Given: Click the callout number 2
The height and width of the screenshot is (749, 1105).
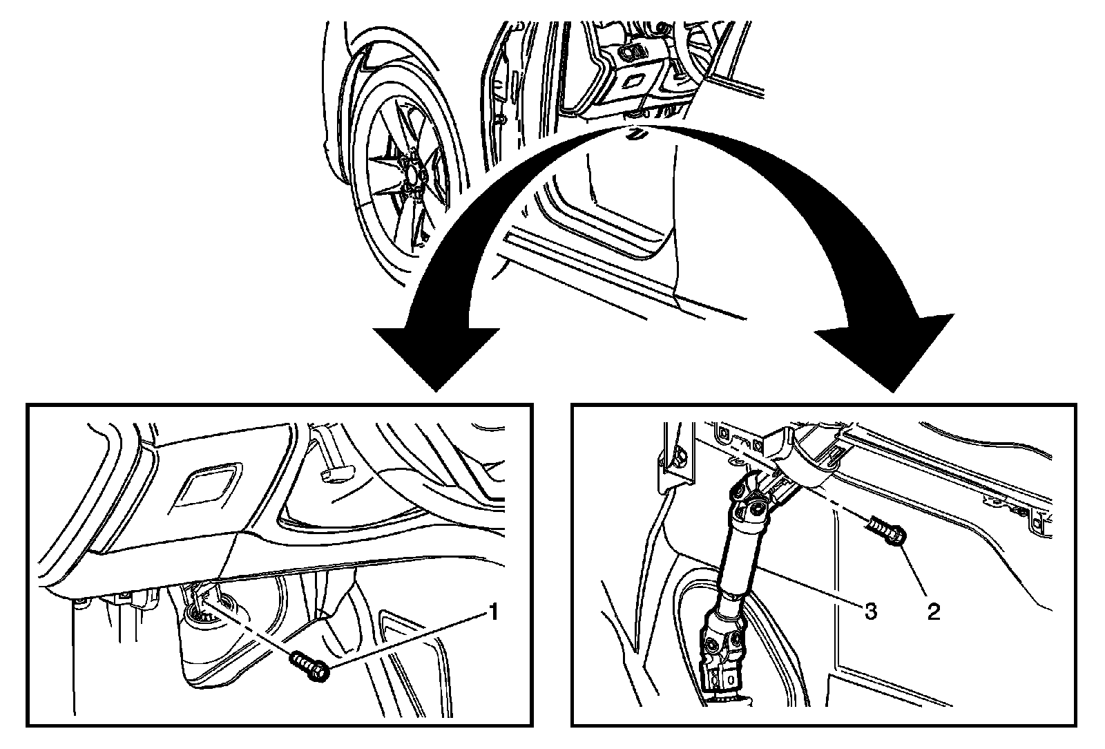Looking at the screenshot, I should pyautogui.click(x=933, y=611).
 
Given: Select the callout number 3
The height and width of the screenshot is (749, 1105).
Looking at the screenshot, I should pyautogui.click(x=871, y=611).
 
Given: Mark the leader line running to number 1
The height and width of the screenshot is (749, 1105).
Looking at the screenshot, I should pyautogui.click(x=407, y=639).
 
